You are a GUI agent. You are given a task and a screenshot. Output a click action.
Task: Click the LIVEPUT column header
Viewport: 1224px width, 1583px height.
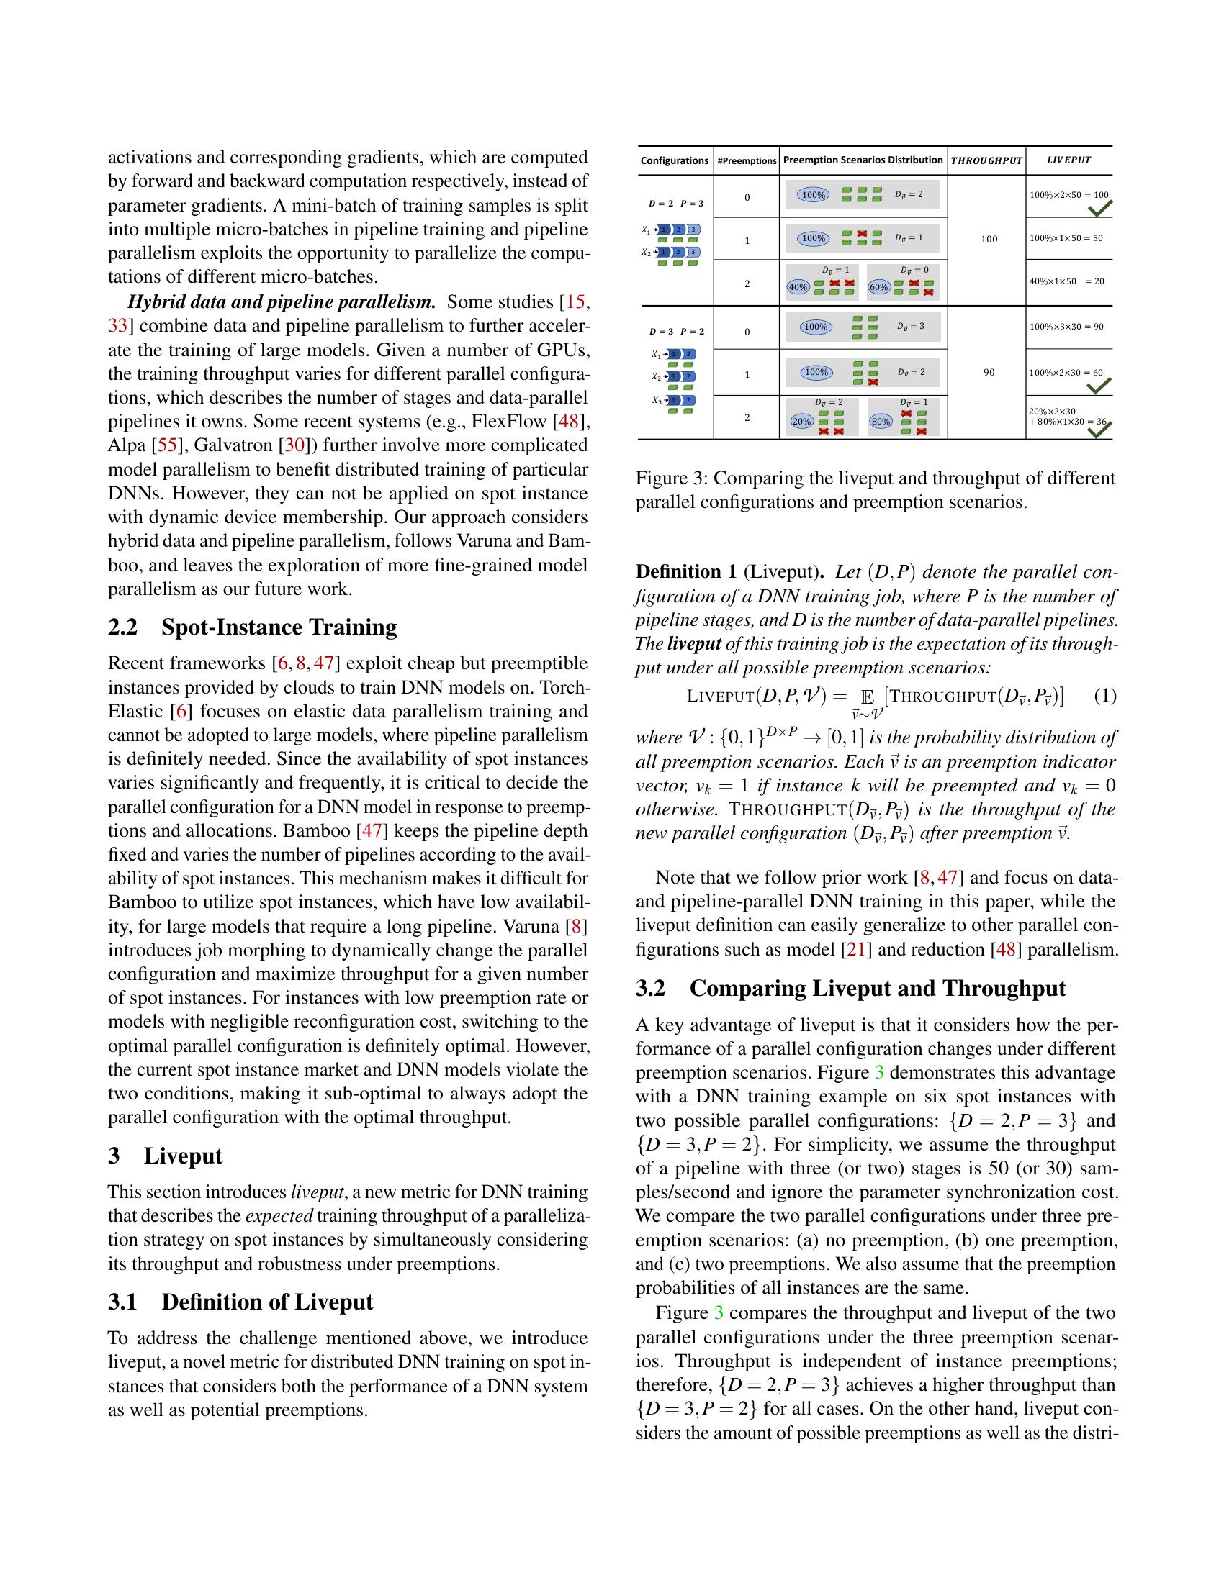click(1068, 160)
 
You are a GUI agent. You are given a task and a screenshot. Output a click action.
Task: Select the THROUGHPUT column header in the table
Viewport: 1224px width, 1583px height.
click(986, 160)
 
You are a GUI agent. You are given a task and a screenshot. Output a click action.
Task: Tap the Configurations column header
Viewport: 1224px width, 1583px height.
click(675, 161)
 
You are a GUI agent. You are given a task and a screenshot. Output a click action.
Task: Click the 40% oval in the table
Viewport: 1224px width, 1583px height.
click(798, 287)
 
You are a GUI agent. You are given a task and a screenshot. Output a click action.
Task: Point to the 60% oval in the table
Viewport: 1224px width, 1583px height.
click(879, 287)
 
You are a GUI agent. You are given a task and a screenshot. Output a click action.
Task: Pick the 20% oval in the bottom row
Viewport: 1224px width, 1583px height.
click(802, 422)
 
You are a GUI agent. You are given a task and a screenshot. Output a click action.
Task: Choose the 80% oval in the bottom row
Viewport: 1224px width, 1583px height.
click(881, 422)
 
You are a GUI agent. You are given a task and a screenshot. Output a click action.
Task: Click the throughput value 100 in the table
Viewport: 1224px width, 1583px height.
click(989, 239)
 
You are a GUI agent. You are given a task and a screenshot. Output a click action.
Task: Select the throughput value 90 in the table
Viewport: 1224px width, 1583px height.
click(989, 373)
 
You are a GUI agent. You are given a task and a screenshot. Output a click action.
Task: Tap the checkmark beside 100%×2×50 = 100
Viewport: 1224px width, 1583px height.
click(1100, 209)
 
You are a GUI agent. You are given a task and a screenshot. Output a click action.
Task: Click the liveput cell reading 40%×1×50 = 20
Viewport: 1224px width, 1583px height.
click(1066, 281)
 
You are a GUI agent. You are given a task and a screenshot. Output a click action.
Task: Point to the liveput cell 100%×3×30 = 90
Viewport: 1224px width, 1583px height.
click(1066, 327)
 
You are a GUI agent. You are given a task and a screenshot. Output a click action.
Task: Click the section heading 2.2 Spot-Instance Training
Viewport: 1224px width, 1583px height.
click(252, 627)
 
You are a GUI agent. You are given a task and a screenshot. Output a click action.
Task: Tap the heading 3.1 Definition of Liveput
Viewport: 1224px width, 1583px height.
click(240, 1302)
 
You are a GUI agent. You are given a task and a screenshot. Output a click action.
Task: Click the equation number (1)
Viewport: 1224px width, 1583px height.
click(1104, 697)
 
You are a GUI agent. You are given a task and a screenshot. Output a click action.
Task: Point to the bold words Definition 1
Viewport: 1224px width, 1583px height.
click(686, 572)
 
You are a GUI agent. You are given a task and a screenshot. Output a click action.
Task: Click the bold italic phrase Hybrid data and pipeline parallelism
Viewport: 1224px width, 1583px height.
click(282, 302)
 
